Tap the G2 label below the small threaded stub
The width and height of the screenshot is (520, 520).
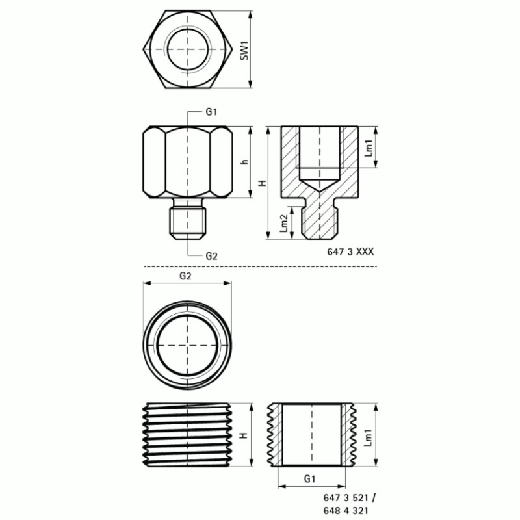(211, 255)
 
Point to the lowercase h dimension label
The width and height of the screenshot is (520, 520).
(244, 162)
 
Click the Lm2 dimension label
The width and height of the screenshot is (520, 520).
(283, 222)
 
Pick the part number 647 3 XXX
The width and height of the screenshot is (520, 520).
(350, 252)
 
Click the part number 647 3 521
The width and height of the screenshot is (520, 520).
(350, 497)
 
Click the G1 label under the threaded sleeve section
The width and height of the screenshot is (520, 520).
(309, 478)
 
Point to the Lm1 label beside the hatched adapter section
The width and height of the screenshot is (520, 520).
(369, 148)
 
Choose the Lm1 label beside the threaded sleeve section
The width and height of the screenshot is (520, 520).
(369, 435)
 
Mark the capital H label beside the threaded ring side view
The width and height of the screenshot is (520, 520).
(244, 435)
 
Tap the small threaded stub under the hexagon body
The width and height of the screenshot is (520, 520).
(187, 221)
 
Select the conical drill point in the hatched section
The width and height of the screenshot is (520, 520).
(318, 185)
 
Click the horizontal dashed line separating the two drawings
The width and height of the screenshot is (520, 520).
(260, 266)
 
